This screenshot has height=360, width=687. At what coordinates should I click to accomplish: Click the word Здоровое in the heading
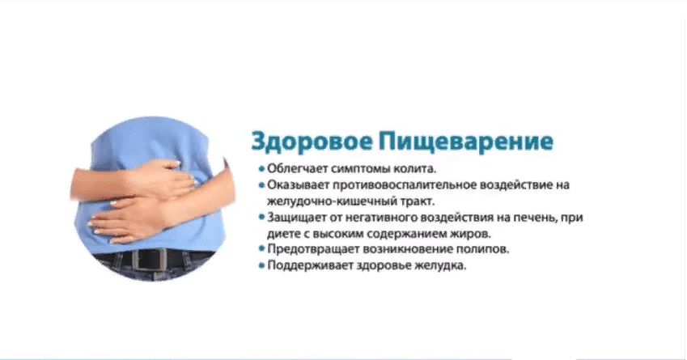click(x=312, y=142)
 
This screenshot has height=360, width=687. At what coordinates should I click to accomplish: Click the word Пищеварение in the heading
click(x=466, y=142)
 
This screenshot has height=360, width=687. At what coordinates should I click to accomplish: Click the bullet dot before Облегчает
click(x=261, y=168)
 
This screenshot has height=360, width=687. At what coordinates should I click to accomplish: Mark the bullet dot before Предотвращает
click(x=261, y=250)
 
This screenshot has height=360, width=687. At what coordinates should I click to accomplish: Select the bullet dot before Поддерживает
click(x=261, y=266)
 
